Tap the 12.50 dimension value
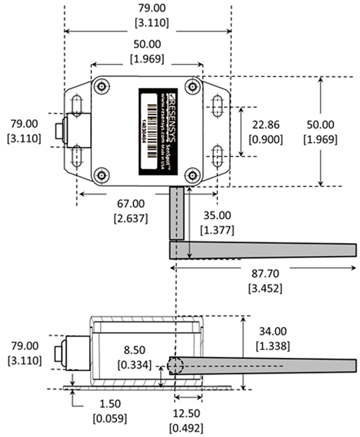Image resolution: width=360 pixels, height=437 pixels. pos(186,413)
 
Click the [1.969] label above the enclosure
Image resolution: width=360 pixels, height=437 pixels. pos(147,59)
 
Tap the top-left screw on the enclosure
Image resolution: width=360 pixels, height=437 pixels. pos(102,86)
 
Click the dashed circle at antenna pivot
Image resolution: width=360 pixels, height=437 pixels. pos(175,365)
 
